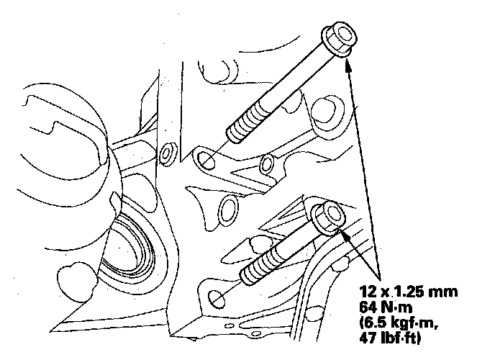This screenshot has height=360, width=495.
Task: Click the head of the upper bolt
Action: [x=340, y=40]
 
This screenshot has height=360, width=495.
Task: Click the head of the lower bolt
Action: [x=328, y=218]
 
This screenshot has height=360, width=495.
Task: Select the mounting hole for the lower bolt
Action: [x=217, y=299]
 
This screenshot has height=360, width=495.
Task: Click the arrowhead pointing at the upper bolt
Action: [x=348, y=66]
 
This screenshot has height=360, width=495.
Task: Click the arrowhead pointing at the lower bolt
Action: [x=346, y=237]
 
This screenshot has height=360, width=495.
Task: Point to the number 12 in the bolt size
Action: [x=368, y=292]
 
